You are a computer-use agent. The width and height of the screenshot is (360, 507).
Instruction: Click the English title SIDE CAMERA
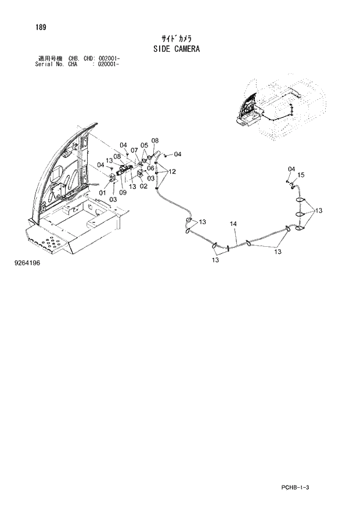pyautogui.click(x=177, y=49)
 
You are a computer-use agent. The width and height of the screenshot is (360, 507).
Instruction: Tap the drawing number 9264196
pyautogui.click(x=27, y=263)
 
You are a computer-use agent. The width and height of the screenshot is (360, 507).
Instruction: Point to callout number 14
pyautogui.click(x=233, y=224)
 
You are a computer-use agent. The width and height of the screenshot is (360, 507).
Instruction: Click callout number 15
pyautogui.click(x=301, y=175)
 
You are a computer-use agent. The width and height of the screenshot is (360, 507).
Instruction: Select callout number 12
pyautogui.click(x=172, y=171)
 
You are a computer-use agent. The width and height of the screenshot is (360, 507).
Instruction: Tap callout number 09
pyautogui.click(x=123, y=192)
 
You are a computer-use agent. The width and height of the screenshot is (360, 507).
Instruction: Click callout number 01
pyautogui.click(x=102, y=193)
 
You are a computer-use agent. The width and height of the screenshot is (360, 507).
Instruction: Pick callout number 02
pyautogui.click(x=143, y=186)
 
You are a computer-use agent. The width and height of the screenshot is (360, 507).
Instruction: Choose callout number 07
pyautogui.click(x=134, y=150)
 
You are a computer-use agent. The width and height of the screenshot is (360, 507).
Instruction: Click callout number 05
pyautogui.click(x=144, y=145)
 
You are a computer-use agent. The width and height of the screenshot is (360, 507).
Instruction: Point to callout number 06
pyautogui.click(x=150, y=168)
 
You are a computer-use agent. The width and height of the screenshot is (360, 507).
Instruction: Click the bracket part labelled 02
pyautogui.click(x=141, y=175)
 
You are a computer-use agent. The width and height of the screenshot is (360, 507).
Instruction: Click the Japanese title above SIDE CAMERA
pyautogui.click(x=177, y=37)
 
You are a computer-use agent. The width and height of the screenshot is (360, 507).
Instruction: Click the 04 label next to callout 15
pyautogui.click(x=291, y=168)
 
